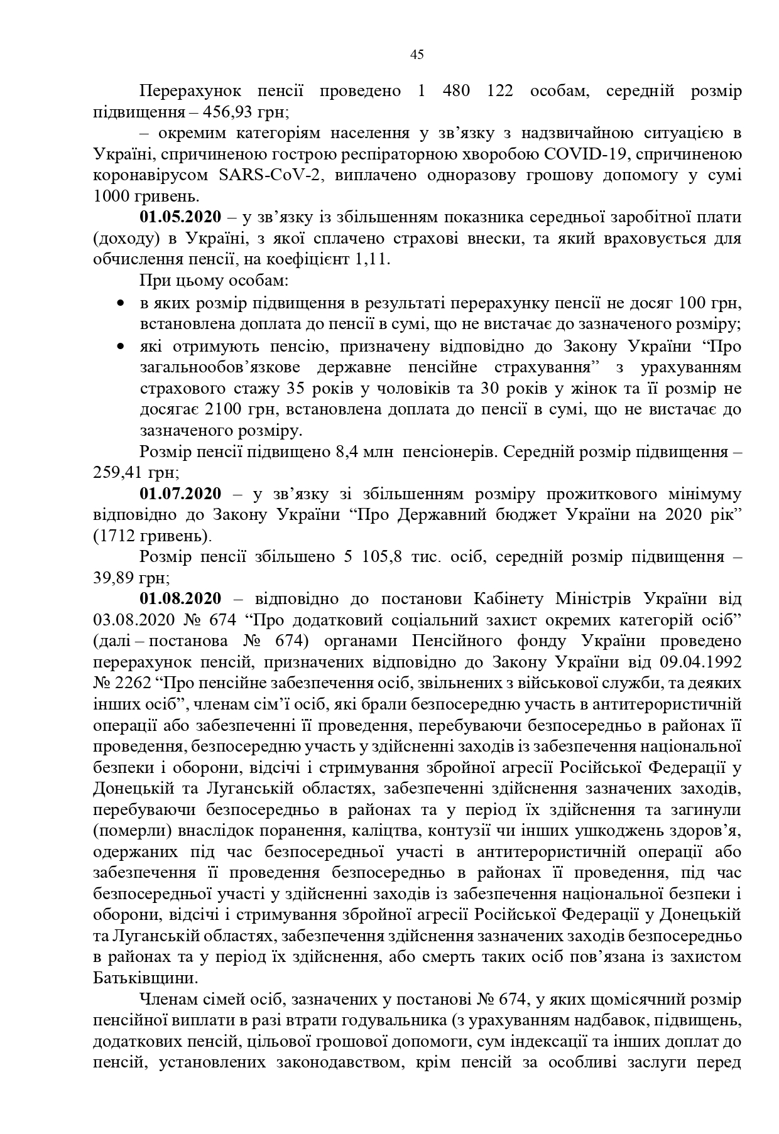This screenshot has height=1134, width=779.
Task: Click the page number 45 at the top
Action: (x=417, y=55)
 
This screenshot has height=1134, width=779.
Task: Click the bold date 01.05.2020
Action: (x=180, y=217)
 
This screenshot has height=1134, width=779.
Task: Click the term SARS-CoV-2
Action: (x=271, y=175)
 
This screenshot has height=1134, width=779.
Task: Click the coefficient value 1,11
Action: (x=373, y=259)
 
